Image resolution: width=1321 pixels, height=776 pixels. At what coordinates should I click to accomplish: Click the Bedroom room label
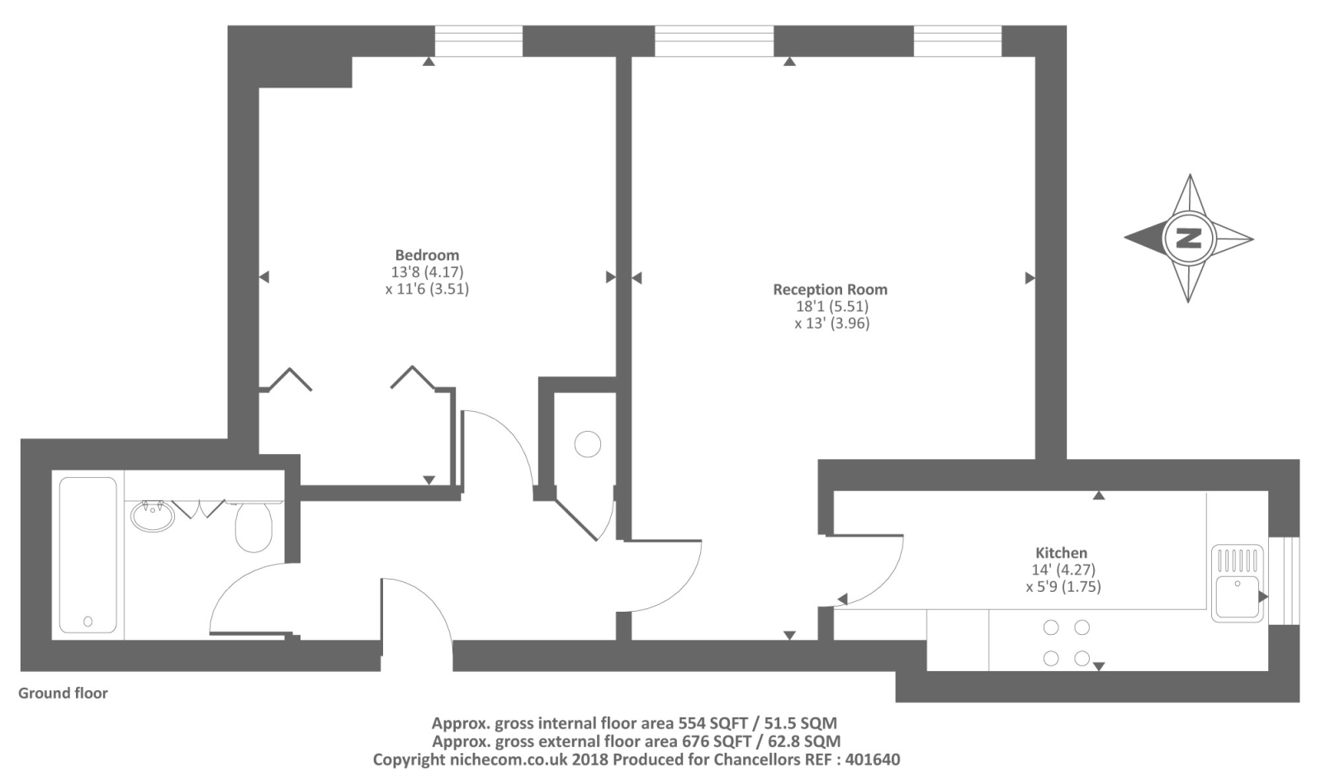(427, 255)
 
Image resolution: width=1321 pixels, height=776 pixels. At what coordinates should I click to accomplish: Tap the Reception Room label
(831, 290)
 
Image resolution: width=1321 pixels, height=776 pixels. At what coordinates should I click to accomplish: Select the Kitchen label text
(1062, 553)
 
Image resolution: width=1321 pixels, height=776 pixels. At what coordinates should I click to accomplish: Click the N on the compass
(1189, 239)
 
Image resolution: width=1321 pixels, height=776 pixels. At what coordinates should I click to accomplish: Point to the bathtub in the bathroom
(88, 555)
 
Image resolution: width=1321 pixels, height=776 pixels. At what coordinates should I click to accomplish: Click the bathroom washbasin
(153, 516)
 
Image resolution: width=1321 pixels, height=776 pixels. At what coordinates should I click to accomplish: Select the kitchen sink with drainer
(1238, 583)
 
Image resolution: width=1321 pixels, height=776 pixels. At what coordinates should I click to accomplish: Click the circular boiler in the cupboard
(587, 444)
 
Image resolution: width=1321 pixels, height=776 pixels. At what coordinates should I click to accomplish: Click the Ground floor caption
(63, 693)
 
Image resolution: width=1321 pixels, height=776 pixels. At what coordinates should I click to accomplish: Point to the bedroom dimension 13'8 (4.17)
(428, 272)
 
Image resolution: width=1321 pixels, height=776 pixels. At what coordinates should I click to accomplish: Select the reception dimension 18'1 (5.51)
(832, 306)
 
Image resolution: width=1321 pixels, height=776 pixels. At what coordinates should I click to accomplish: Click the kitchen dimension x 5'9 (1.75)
(1063, 587)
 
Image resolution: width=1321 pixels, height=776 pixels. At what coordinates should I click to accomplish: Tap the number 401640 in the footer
(873, 759)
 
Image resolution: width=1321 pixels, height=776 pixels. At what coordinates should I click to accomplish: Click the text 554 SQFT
(713, 723)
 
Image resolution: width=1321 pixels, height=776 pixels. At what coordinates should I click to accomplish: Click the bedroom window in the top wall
(479, 40)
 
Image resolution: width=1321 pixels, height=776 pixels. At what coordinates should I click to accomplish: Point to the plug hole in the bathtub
(88, 621)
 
